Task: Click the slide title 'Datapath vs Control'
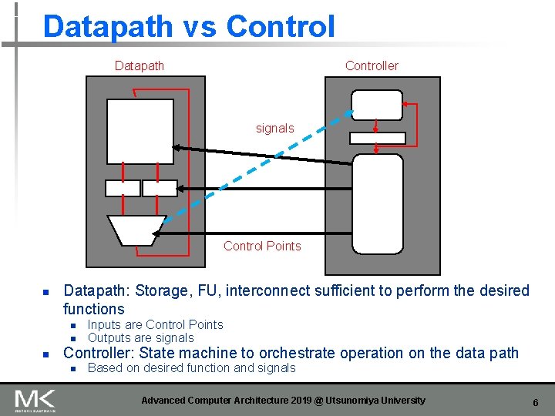point(189,26)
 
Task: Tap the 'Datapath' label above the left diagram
point(140,66)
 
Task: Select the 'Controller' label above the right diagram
point(372,66)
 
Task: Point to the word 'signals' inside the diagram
point(275,129)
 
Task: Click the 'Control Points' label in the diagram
point(262,246)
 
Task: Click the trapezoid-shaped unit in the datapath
point(136,228)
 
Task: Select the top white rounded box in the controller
point(376,104)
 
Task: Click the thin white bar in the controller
point(377,138)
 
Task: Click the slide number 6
point(535,402)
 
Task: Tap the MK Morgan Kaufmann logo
point(35,401)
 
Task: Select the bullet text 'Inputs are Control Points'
point(155,325)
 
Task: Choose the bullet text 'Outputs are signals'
point(141,338)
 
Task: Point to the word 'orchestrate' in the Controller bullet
point(294,354)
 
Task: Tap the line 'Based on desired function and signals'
point(191,368)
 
